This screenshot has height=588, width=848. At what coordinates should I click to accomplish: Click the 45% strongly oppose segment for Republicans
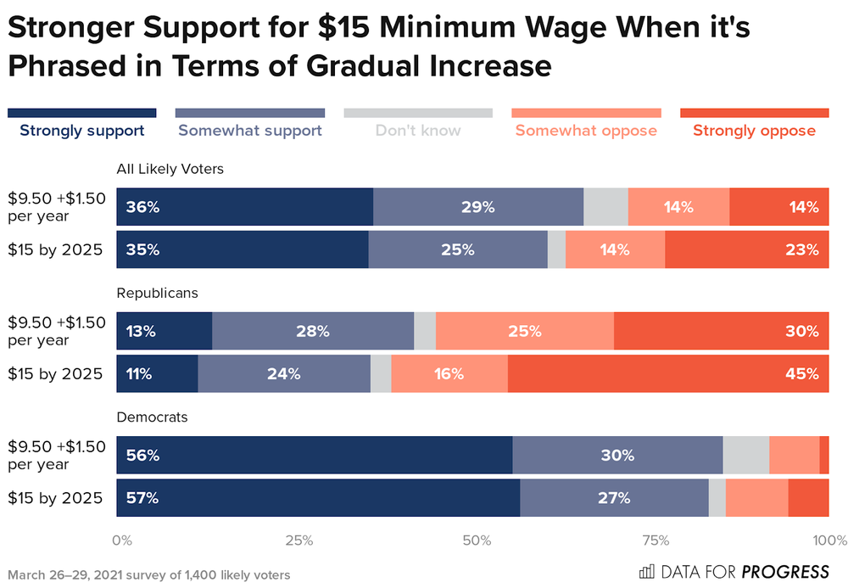click(668, 373)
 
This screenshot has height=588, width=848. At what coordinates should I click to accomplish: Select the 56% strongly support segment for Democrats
click(315, 455)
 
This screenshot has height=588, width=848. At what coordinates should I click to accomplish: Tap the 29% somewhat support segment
click(478, 207)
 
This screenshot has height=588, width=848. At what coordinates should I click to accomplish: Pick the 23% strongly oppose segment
click(747, 249)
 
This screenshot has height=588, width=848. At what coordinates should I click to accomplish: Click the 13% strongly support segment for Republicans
click(165, 331)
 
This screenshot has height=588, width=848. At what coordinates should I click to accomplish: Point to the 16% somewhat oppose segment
click(449, 373)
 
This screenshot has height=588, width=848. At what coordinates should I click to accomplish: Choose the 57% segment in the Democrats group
click(318, 497)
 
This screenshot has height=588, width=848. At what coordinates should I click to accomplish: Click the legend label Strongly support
click(82, 131)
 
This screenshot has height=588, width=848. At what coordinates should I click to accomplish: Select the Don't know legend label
click(418, 131)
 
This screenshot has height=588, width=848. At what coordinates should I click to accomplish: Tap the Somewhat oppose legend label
click(586, 131)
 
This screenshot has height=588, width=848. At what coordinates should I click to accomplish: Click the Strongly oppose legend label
click(754, 131)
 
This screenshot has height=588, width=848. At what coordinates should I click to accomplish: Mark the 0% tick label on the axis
click(122, 540)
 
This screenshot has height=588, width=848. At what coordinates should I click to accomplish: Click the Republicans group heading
click(157, 293)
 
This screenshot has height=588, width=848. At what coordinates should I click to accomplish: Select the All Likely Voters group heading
click(170, 169)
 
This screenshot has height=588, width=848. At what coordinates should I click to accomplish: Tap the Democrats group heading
click(152, 417)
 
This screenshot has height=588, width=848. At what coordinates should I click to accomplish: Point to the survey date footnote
click(149, 574)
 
